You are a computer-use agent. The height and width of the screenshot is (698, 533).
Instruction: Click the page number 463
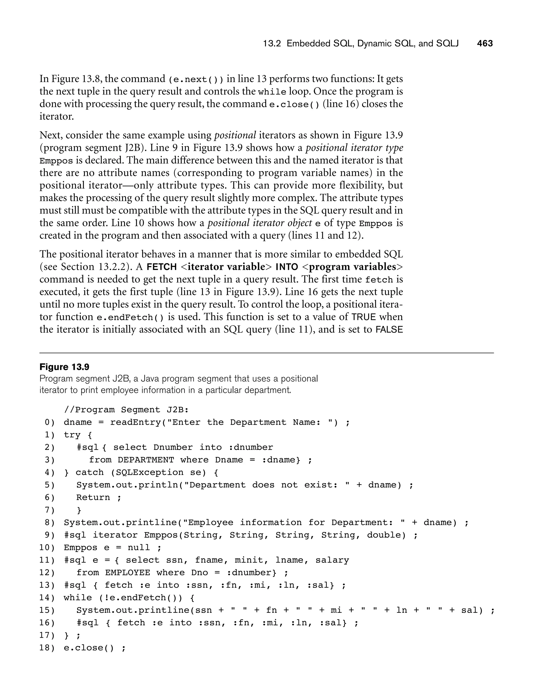485,43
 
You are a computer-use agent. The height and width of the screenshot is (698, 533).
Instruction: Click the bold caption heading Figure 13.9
64,367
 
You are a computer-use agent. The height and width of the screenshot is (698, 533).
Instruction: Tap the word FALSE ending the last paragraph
389,330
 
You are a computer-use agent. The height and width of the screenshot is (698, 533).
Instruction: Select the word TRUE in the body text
364,317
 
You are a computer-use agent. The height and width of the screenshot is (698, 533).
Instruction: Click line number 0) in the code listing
49,422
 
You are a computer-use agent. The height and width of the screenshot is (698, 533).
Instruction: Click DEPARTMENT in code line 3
146,460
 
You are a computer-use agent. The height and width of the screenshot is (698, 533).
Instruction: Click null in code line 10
139,548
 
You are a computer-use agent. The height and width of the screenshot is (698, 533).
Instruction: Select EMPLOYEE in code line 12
128,573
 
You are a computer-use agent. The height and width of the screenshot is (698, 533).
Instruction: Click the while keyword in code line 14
78,598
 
